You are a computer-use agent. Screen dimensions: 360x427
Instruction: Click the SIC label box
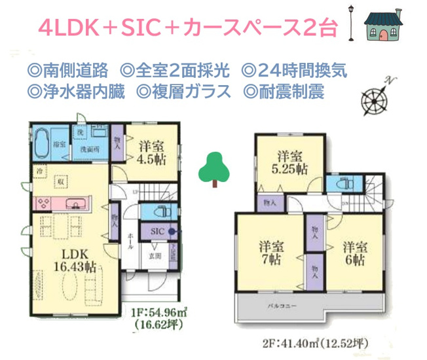tap(158, 231)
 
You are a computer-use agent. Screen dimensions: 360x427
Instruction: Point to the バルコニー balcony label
tap(276, 306)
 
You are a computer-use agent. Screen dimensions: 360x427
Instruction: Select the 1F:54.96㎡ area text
tap(157, 312)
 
